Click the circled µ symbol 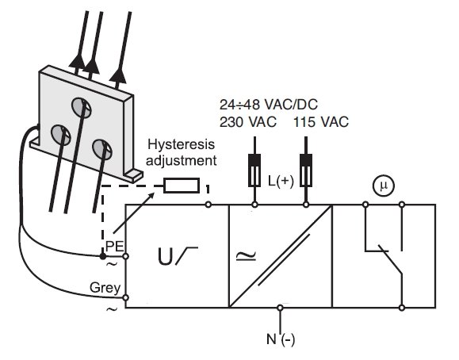(x=384, y=186)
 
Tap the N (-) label (x=281, y=340)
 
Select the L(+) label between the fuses (x=281, y=182)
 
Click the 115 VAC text (x=321, y=122)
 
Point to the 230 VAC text (x=248, y=122)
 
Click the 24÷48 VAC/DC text (x=269, y=105)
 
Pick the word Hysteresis (x=182, y=145)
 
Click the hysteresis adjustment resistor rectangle (x=182, y=186)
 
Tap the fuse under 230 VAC (x=254, y=170)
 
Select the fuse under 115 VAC (x=306, y=170)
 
